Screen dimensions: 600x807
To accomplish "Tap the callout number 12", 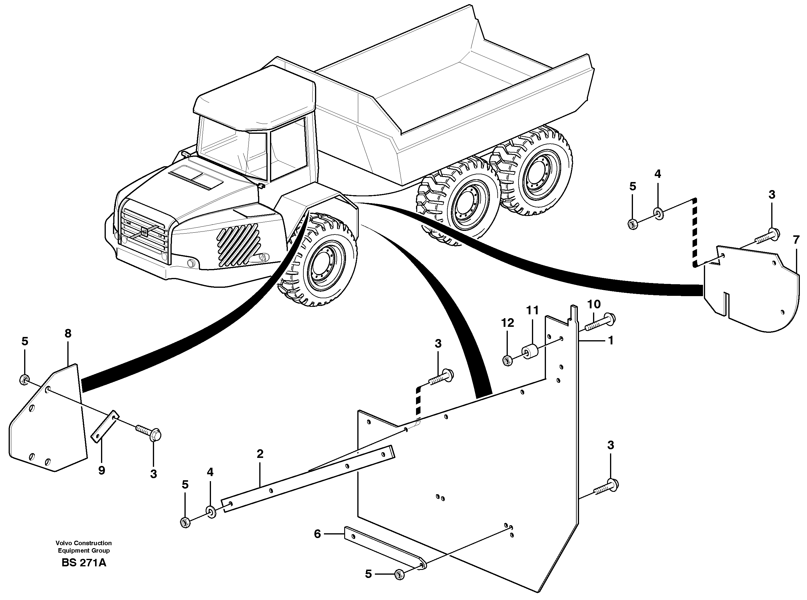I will (508, 323).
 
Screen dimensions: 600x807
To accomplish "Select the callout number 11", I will (532, 310).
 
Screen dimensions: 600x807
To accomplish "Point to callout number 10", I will (594, 304).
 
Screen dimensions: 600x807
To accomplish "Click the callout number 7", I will (796, 240).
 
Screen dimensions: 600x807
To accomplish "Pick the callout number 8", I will (68, 333).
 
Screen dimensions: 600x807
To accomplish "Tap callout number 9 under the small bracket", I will (102, 470).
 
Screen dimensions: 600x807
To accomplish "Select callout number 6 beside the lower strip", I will (317, 534).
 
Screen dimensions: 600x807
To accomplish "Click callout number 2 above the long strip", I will (260, 454).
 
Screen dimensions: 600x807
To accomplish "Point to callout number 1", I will (610, 340).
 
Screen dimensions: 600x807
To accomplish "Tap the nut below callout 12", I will (508, 360).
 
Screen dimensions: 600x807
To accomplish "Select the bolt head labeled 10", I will (609, 318).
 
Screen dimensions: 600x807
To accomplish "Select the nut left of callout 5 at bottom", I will (399, 574).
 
